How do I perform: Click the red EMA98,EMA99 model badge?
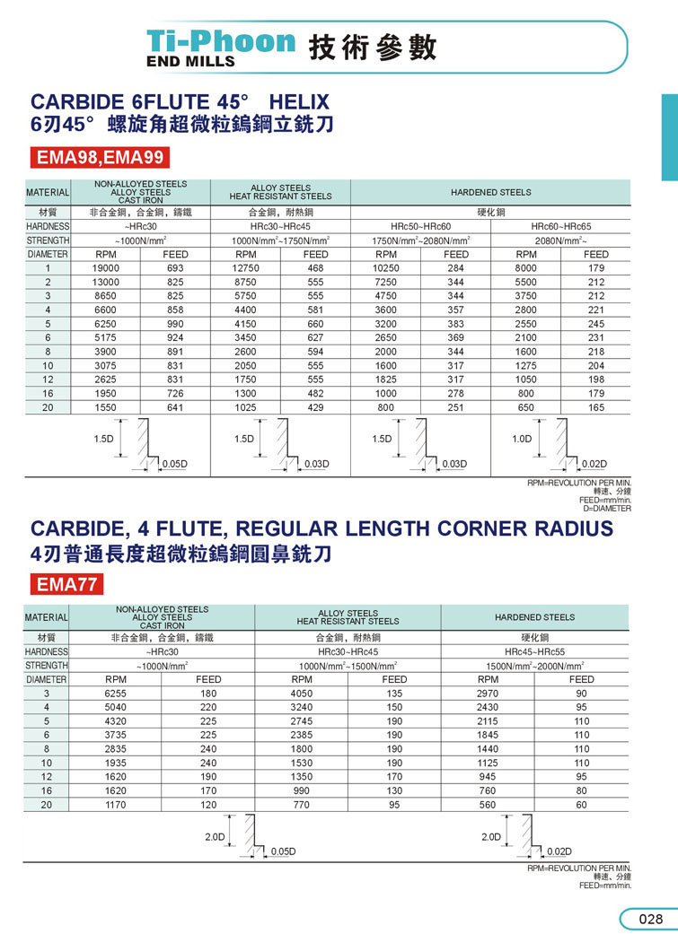[x=100, y=158]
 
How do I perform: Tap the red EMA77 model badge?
[x=67, y=585]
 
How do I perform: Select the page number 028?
[x=650, y=919]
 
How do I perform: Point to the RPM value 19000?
[x=106, y=268]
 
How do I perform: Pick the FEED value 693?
[x=175, y=268]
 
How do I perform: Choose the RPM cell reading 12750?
[x=245, y=268]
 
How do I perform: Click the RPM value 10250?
[x=385, y=268]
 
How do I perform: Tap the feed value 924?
[x=175, y=336]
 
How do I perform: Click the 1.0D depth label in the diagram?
[x=522, y=439]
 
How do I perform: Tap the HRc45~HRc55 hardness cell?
[x=534, y=651]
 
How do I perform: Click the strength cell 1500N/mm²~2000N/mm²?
[x=534, y=666]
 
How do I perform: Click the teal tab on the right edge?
[x=669, y=135]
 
